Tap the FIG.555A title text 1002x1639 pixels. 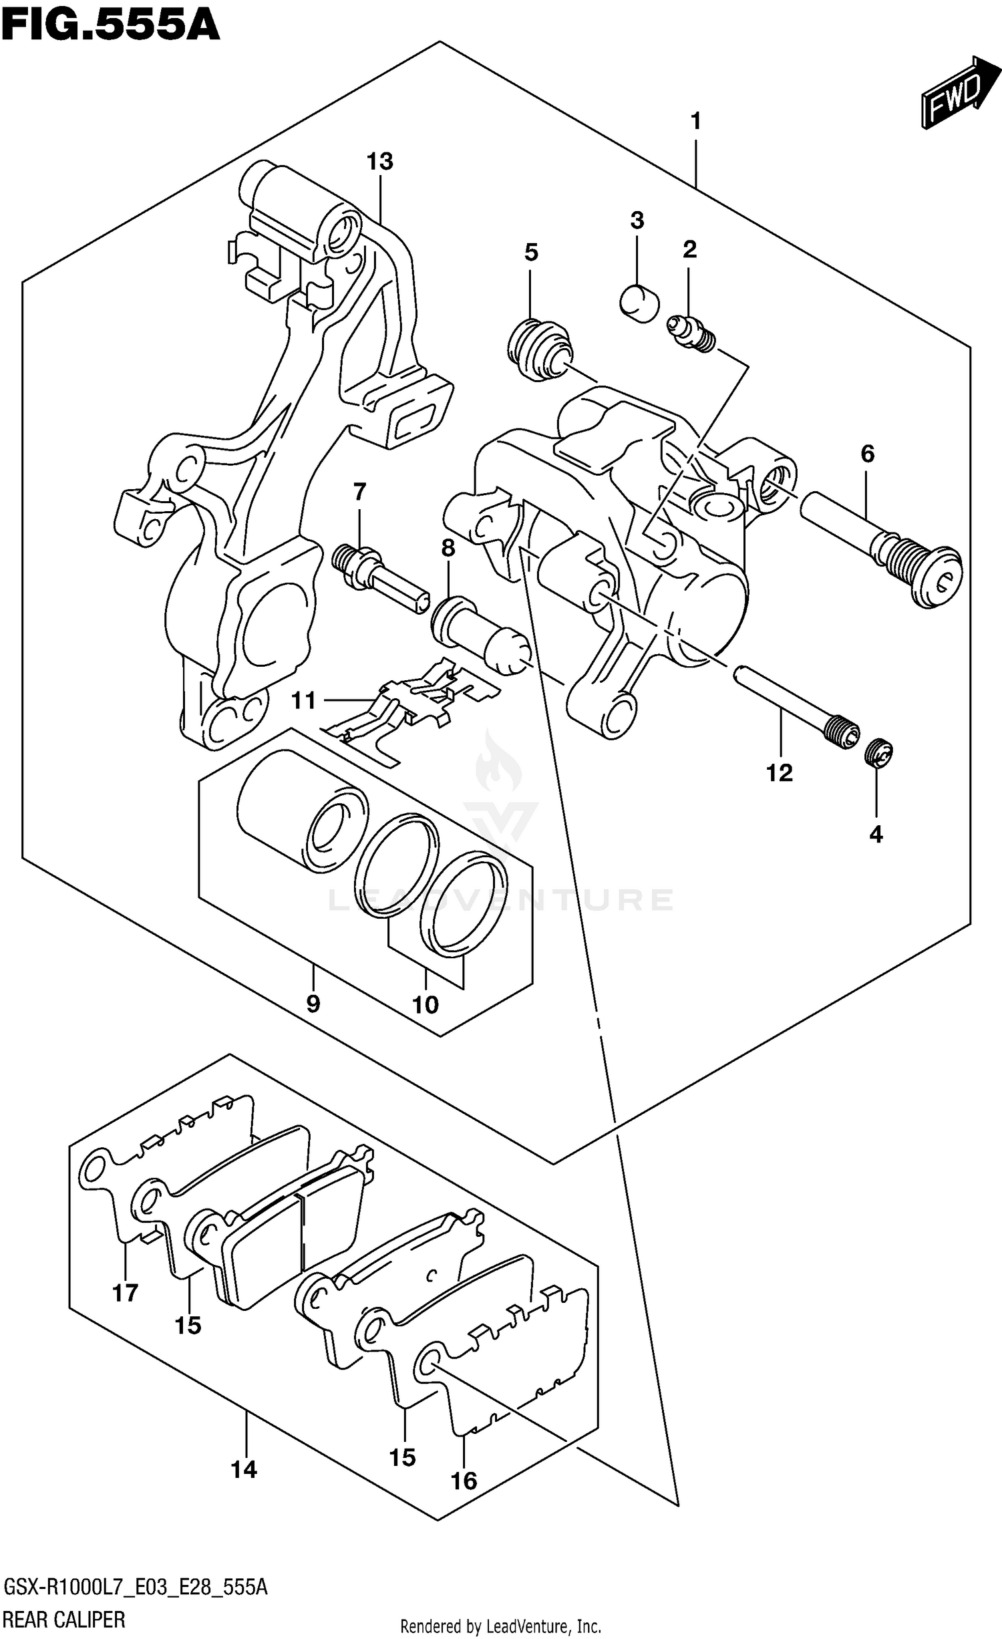tap(110, 25)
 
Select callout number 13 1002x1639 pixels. tap(379, 162)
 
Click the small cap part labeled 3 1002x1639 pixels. tap(639, 302)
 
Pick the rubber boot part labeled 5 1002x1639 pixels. tap(541, 350)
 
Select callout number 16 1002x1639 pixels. tap(464, 1481)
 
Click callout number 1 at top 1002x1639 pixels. tap(695, 122)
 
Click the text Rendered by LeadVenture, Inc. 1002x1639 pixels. tap(501, 1621)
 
